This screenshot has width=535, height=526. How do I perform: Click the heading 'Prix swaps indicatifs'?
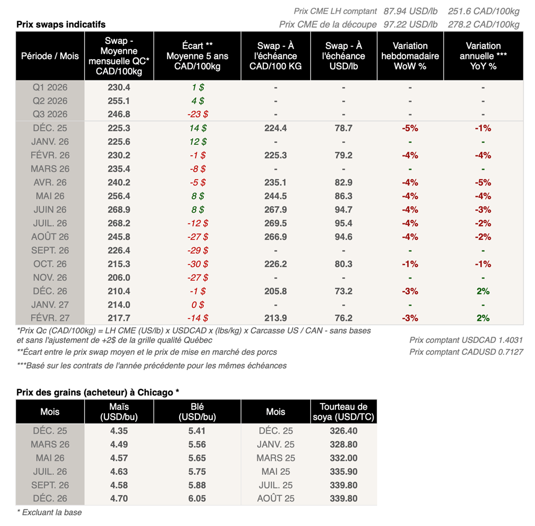point(61,25)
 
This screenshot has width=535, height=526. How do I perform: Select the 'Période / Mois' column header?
point(50,56)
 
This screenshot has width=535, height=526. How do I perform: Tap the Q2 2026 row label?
point(50,101)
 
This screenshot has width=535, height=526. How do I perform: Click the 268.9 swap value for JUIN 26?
point(118,210)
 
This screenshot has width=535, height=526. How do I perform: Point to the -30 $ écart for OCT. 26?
point(197,264)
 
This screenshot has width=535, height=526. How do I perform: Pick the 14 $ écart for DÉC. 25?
point(197,128)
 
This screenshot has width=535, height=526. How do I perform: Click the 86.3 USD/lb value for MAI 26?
point(343,196)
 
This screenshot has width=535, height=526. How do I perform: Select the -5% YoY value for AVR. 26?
point(483,182)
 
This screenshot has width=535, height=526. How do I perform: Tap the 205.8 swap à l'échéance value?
point(275,291)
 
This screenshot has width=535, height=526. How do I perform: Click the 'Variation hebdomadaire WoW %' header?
point(410,56)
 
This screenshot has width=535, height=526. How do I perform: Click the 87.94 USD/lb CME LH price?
point(411,11)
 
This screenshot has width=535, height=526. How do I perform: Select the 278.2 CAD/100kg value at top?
point(483,25)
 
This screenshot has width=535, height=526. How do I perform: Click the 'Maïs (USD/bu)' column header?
point(119,411)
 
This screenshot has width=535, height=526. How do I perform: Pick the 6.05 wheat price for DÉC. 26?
point(197,498)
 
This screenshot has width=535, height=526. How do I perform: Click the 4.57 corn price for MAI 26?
point(119,458)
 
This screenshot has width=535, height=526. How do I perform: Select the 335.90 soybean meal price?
point(344,472)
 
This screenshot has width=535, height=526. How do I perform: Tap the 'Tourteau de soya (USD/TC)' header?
point(344,411)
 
